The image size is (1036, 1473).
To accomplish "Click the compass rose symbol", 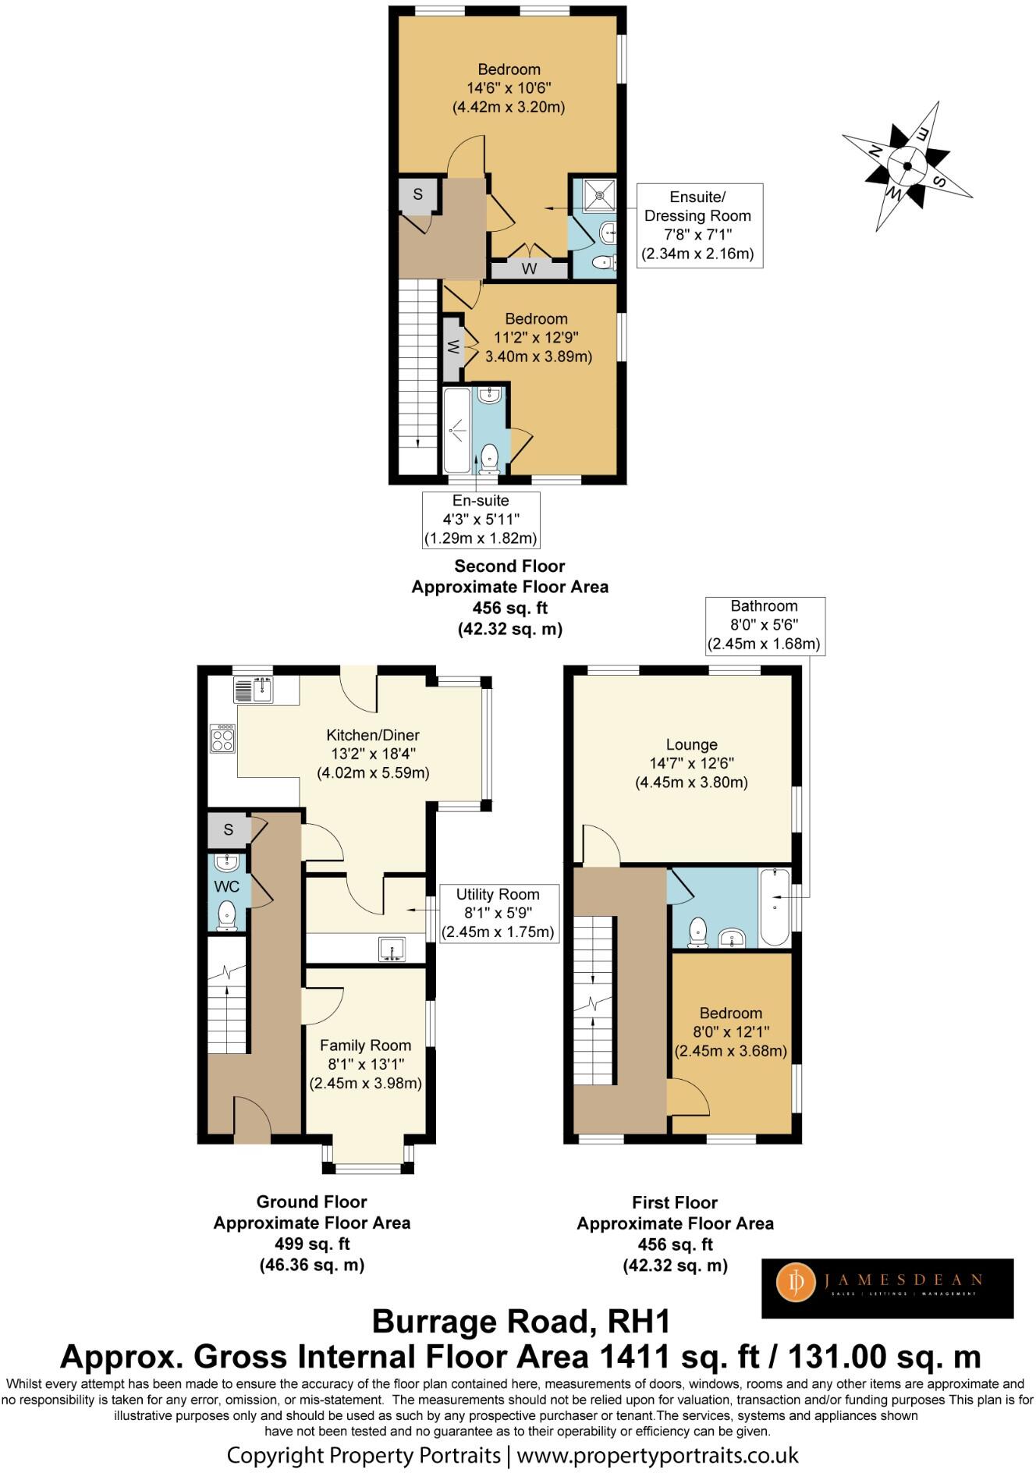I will pyautogui.click(x=907, y=165).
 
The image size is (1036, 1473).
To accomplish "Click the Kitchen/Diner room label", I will pyautogui.click(x=373, y=754).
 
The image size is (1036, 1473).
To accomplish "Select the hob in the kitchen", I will pyautogui.click(x=222, y=738).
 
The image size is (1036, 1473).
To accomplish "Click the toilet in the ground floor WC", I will pyautogui.click(x=227, y=916).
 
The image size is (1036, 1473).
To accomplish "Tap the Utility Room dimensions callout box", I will pyautogui.click(x=498, y=913).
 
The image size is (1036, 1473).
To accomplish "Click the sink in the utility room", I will pyautogui.click(x=392, y=949).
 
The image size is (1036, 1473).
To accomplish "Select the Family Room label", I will pyautogui.click(x=365, y=1063).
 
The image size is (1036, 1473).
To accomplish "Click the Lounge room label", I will pyautogui.click(x=691, y=763).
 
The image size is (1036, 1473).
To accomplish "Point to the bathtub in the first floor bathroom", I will pyautogui.click(x=775, y=907).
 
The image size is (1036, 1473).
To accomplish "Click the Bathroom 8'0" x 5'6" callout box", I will pyautogui.click(x=764, y=625).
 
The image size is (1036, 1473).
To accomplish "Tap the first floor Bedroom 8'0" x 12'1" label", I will pyautogui.click(x=730, y=1031).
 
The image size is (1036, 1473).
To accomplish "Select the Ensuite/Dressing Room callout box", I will pyautogui.click(x=698, y=225).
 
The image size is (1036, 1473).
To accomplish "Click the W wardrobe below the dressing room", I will pyautogui.click(x=529, y=269).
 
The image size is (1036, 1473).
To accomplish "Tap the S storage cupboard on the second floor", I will pyautogui.click(x=417, y=194).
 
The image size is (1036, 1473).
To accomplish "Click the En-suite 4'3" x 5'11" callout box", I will pyautogui.click(x=481, y=520).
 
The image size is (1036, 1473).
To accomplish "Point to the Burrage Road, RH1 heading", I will pyautogui.click(x=520, y=1321).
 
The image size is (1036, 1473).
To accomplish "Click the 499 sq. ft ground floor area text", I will pyautogui.click(x=312, y=1244).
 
